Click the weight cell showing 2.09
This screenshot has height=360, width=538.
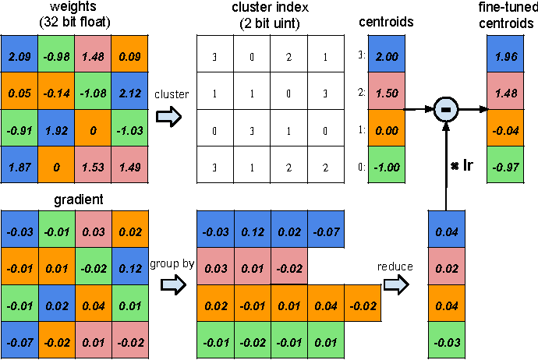tap(19, 54)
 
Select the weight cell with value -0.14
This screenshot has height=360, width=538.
tap(56, 91)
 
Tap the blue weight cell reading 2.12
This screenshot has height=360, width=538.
tap(129, 91)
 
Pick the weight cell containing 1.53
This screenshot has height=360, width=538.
tap(93, 164)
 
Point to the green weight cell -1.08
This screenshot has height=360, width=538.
tap(93, 91)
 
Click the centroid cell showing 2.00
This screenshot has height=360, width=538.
tap(387, 54)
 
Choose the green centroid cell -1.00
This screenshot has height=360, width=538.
tap(387, 164)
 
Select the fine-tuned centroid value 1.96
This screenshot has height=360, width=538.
tap(505, 54)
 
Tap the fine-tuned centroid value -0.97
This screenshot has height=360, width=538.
tap(505, 164)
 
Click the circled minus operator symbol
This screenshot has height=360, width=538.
tap(446, 109)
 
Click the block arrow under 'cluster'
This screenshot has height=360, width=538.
tap(168, 117)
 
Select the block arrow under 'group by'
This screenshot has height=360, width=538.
tap(173, 284)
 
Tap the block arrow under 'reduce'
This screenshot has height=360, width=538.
tap(396, 284)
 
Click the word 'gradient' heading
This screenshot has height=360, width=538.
tap(79, 200)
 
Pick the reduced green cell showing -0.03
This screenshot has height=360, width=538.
tap(447, 340)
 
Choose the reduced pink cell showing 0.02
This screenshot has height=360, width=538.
tap(447, 266)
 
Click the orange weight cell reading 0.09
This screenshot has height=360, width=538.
tap(129, 54)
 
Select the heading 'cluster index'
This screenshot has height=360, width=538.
tap(270, 8)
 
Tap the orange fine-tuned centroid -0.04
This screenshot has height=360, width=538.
tap(505, 128)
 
